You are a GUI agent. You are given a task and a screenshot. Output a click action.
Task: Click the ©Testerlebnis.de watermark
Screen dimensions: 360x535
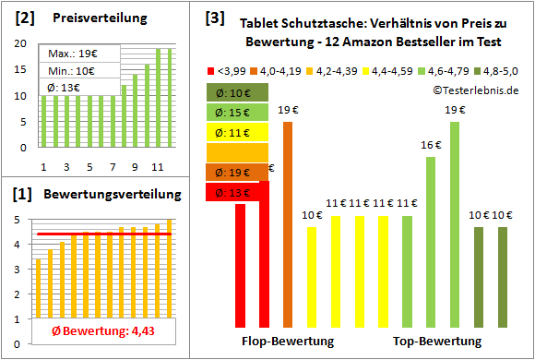475,90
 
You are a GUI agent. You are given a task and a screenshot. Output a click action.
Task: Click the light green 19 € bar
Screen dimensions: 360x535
455,223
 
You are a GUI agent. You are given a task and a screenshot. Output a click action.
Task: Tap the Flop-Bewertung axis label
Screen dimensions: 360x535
288,342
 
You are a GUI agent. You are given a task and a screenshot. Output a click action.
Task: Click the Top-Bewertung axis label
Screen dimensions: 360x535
437,342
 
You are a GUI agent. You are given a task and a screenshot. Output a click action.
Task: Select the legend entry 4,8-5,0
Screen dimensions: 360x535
498,69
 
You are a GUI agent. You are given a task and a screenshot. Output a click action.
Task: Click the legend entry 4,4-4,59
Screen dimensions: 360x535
392,69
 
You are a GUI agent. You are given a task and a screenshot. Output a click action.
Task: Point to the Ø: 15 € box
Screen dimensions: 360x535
238,112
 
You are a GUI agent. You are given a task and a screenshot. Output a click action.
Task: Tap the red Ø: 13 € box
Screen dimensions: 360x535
238,192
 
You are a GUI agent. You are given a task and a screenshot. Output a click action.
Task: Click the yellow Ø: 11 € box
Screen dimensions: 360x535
238,132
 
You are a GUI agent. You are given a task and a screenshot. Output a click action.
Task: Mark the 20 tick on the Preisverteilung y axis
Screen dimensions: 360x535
23,43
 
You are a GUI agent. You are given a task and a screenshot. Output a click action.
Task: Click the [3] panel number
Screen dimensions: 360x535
214,18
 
